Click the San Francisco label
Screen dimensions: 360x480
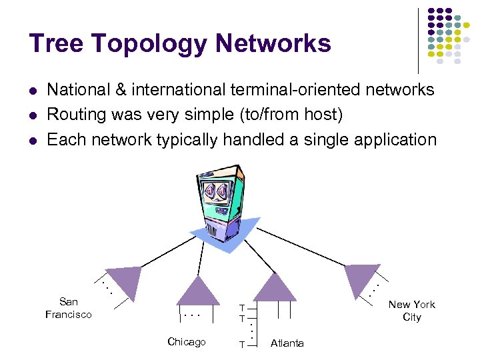click(x=69, y=308)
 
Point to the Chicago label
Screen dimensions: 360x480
click(x=187, y=342)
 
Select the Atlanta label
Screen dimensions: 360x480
click(x=287, y=343)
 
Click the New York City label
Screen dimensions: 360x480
click(x=411, y=311)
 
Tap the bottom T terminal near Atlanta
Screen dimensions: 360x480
click(x=243, y=343)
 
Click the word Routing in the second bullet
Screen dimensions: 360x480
click(x=76, y=115)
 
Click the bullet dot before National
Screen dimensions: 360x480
click(x=33, y=91)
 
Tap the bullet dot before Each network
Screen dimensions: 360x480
click(x=33, y=141)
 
